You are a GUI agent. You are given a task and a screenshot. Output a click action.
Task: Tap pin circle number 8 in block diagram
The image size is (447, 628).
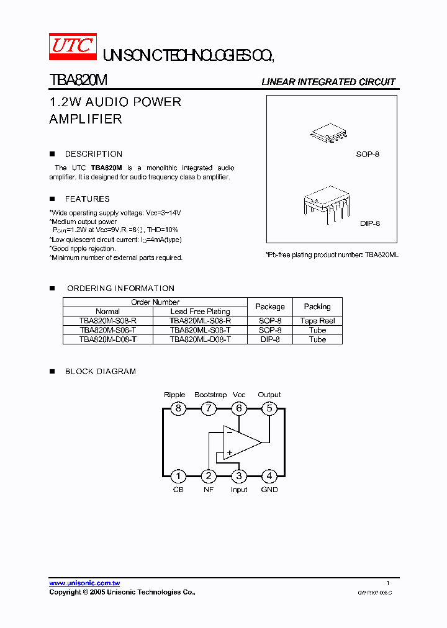tap(178, 408)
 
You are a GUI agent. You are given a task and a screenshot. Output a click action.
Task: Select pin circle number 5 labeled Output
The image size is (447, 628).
tap(269, 408)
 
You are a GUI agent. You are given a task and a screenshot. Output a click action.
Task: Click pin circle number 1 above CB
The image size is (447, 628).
tap(178, 476)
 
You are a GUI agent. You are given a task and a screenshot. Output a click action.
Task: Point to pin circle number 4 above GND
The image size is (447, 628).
tap(269, 476)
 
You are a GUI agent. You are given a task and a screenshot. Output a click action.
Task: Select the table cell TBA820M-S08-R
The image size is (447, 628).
tap(108, 321)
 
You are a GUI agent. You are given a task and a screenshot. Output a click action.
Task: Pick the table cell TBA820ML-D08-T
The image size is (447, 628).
tap(200, 339)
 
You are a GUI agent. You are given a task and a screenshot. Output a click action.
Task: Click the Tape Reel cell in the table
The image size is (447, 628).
tap(317, 321)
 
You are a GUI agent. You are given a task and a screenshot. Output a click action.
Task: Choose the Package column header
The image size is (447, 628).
tap(270, 307)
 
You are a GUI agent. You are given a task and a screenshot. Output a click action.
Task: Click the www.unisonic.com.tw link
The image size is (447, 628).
tap(84, 583)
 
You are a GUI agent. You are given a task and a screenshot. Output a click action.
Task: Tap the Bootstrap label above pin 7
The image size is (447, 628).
tap(210, 395)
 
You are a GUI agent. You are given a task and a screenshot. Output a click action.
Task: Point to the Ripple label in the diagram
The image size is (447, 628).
tap(174, 395)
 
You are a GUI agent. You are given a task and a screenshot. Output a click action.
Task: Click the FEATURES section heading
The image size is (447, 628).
tap(87, 199)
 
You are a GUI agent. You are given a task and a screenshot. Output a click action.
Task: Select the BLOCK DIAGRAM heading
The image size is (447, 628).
tap(101, 372)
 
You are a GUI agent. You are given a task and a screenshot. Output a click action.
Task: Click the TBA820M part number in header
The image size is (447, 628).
tap(78, 81)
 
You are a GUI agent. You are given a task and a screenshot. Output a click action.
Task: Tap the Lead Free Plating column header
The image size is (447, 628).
tap(200, 312)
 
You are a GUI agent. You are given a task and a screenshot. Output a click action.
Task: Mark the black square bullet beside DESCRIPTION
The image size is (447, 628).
tap(52, 154)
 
